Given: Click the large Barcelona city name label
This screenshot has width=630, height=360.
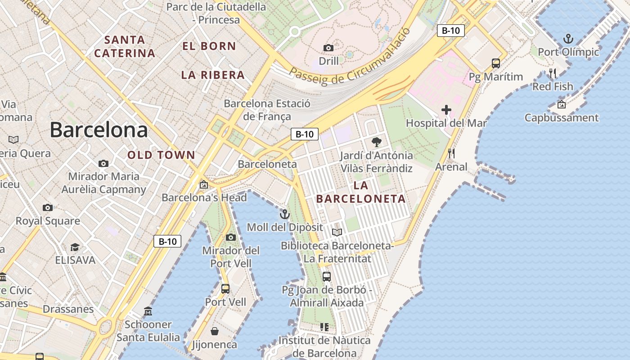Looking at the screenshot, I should [x=99, y=130].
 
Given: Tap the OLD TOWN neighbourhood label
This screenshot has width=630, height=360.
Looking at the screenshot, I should [x=161, y=155].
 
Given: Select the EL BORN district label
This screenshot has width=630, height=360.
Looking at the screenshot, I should [x=209, y=46].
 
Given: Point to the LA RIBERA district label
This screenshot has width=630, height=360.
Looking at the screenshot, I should [x=213, y=75].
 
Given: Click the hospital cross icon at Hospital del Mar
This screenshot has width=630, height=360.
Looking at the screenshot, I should [x=446, y=110].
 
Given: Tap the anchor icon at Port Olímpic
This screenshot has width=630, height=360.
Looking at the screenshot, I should [x=568, y=39].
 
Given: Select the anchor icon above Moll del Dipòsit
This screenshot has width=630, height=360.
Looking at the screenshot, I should [x=284, y=214].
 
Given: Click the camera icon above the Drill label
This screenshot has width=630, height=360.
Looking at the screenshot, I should [x=328, y=48].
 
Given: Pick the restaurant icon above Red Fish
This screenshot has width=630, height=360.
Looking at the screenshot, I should [x=553, y=73].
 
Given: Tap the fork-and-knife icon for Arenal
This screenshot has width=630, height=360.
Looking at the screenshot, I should [x=451, y=153].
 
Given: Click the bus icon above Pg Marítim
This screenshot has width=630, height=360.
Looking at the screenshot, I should [x=496, y=63].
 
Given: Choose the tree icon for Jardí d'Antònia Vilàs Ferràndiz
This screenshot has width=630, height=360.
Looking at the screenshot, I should [x=376, y=143].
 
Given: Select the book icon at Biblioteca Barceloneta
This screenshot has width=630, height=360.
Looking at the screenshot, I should [x=337, y=233].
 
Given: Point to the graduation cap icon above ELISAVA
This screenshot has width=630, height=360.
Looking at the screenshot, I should [x=75, y=247].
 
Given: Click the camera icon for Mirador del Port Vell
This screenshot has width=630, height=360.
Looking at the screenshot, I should [x=231, y=237].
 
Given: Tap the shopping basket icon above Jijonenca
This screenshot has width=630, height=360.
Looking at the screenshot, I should [x=215, y=332].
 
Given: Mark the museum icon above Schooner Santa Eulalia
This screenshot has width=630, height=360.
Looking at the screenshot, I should [x=148, y=311].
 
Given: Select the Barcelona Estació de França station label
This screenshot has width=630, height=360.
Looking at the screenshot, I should [x=267, y=110].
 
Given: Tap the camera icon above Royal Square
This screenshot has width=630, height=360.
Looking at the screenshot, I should [x=48, y=207].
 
